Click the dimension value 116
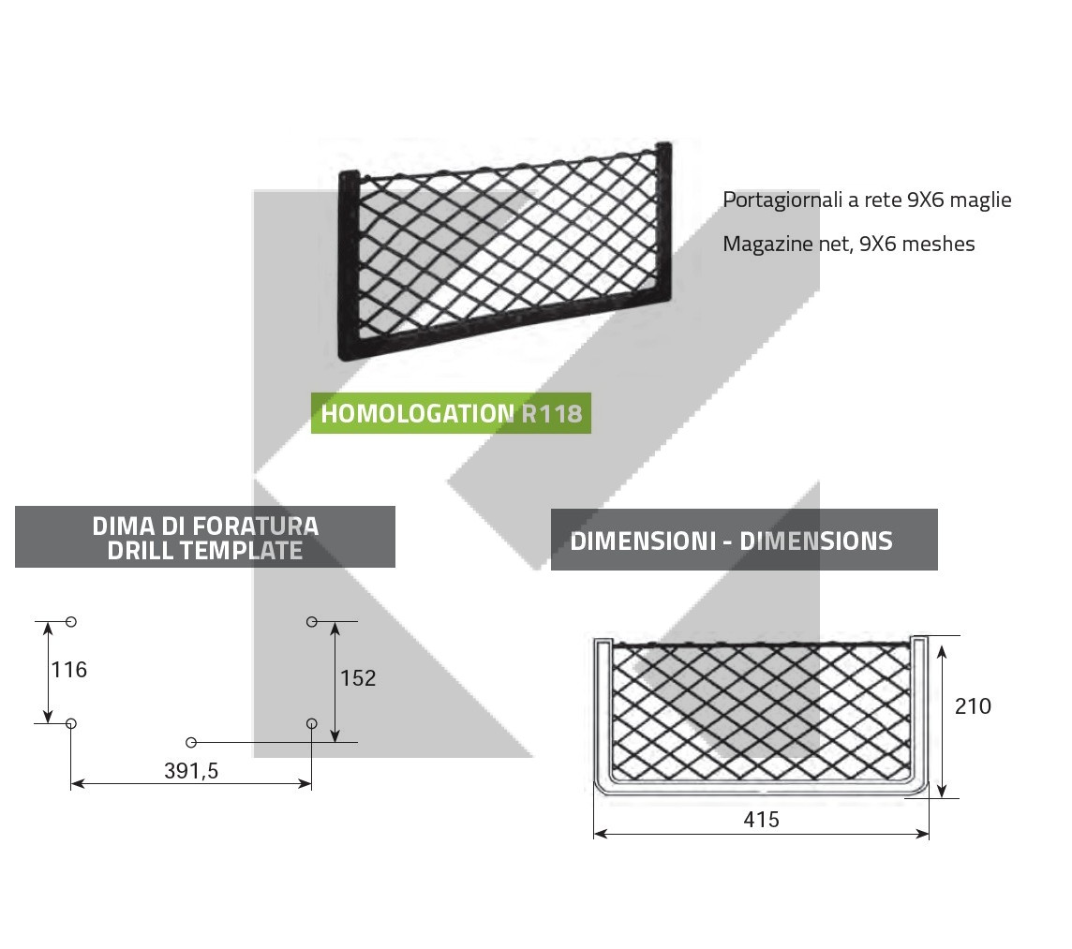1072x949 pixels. pyautogui.click(x=69, y=670)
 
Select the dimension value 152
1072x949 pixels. pyautogui.click(x=358, y=678)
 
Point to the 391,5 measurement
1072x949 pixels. pyautogui.click(x=191, y=771)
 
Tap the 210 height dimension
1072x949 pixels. pyautogui.click(x=973, y=706)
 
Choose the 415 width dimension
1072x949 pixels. pyautogui.click(x=762, y=819)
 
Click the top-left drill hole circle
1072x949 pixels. pyautogui.click(x=71, y=621)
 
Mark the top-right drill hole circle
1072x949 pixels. pyautogui.click(x=312, y=621)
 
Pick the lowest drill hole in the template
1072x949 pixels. pyautogui.click(x=191, y=743)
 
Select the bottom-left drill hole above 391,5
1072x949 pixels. pyautogui.click(x=71, y=723)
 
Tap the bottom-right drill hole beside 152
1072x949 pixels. pyautogui.click(x=312, y=723)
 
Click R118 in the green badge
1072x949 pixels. pyautogui.click(x=552, y=414)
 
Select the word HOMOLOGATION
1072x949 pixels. pyautogui.click(x=418, y=414)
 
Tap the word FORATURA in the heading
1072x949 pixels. pyautogui.click(x=256, y=526)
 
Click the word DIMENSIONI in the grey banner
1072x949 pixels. pyautogui.click(x=644, y=541)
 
